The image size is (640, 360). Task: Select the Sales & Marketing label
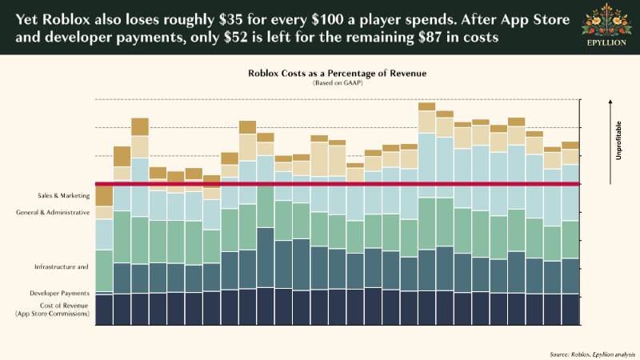click(63, 195)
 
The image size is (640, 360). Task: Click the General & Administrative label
click(53, 213)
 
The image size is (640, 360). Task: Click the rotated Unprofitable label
click(618, 141)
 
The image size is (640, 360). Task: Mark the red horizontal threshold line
click(336, 184)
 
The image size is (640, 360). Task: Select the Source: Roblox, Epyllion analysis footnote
click(592, 353)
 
